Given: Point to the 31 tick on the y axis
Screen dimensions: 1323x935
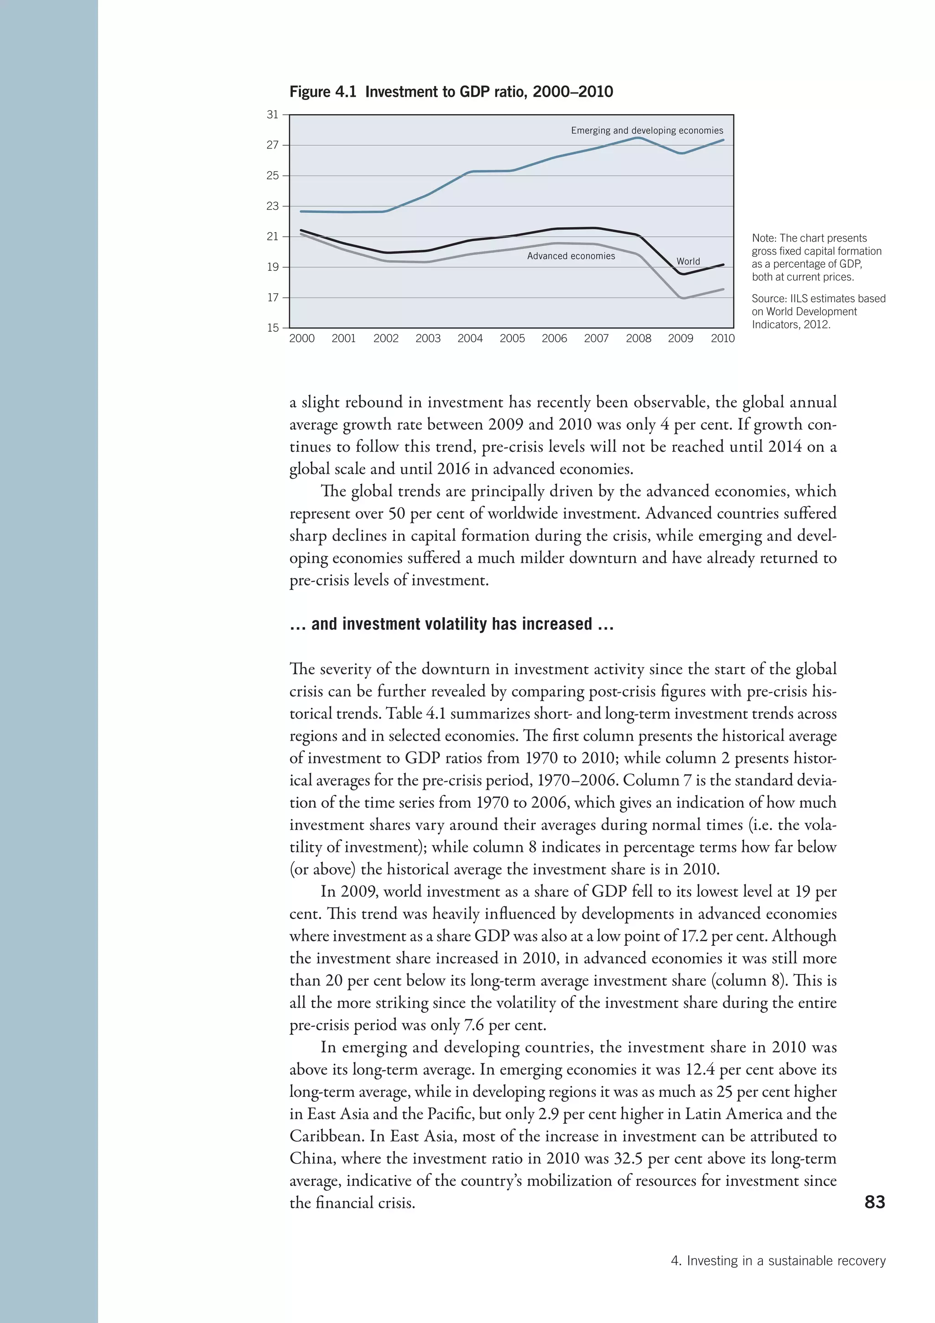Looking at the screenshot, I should click(x=272, y=115).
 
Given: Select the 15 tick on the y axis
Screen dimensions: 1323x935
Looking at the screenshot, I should click(x=272, y=328).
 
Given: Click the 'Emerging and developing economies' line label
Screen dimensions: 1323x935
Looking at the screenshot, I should click(x=646, y=131).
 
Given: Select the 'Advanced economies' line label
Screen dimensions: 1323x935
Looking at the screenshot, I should click(x=571, y=256).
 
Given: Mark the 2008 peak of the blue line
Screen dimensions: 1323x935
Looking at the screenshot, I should click(x=637, y=138).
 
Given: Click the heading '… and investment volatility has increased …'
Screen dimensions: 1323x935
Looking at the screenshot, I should click(x=452, y=624).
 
